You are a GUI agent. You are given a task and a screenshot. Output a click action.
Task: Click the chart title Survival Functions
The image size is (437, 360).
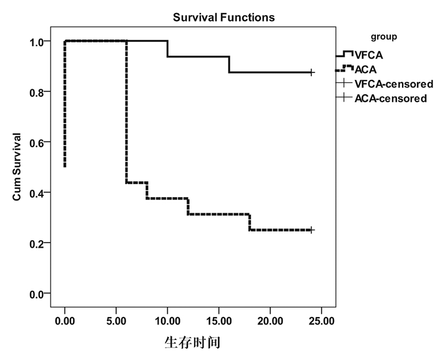click(223, 17)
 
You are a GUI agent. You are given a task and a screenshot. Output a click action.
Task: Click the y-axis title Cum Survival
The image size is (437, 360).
click(18, 167)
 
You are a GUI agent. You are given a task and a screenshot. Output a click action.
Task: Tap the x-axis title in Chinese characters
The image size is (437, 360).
click(192, 343)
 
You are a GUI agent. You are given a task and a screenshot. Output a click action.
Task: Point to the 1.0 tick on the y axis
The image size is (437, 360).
click(36, 42)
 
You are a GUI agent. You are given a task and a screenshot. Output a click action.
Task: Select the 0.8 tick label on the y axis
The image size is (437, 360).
click(36, 92)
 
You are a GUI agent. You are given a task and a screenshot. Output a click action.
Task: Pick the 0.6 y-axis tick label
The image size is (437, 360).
click(36, 142)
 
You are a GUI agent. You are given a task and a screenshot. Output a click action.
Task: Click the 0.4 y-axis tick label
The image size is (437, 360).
click(36, 193)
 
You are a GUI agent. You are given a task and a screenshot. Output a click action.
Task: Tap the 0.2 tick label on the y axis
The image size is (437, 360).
click(36, 243)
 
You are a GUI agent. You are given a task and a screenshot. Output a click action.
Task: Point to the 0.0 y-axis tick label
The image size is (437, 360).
click(36, 293)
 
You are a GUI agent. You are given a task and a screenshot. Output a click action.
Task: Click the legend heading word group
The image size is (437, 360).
click(384, 37)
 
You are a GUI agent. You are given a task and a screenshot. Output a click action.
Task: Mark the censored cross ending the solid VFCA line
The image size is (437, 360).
click(312, 72)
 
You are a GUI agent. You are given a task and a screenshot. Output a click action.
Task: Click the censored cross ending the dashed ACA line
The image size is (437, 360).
click(312, 230)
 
